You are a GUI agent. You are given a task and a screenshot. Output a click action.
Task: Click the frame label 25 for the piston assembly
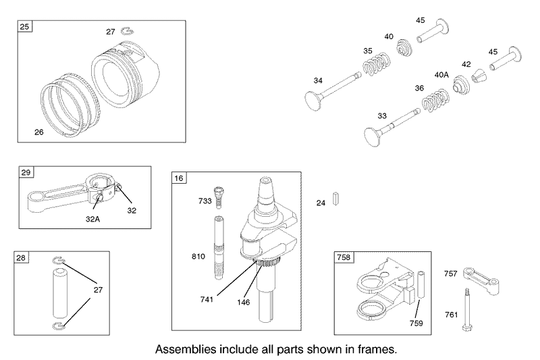tap(24, 26)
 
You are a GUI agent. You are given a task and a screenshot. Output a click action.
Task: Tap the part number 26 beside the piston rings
tap(39, 132)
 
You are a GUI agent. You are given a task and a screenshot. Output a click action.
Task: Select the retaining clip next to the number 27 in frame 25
tap(128, 31)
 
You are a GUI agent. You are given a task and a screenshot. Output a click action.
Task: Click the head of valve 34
tap(313, 100)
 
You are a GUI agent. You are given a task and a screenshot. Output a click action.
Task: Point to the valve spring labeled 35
tap(376, 64)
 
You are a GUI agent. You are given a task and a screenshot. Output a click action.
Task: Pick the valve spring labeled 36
tap(435, 101)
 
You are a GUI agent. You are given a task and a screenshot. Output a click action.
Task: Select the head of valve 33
tap(373, 136)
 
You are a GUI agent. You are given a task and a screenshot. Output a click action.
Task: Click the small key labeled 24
tap(336, 199)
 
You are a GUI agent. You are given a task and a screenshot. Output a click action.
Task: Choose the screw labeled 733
tap(218, 197)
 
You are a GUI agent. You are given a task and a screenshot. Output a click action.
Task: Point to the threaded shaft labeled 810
tap(219, 247)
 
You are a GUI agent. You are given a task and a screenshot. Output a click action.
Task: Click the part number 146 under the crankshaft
tap(243, 302)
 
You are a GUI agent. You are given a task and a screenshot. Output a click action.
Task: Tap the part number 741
tap(207, 299)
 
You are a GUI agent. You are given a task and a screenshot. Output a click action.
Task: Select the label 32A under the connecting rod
tap(92, 219)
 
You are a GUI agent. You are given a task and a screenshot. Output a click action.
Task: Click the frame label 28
tap(21, 257)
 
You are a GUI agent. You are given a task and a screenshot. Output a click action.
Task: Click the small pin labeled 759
tap(421, 285)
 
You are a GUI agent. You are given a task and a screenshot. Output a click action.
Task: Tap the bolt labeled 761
tap(467, 309)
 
